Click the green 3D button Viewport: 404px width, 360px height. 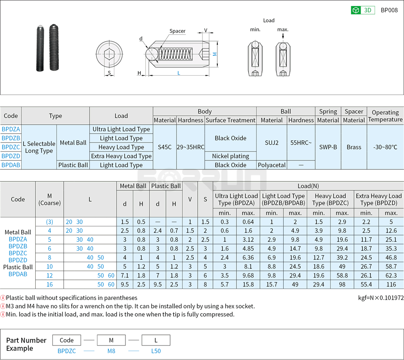[363, 10]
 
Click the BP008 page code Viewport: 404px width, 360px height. [389, 10]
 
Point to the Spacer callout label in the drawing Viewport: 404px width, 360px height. [177, 31]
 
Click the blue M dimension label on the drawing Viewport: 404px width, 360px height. [215, 54]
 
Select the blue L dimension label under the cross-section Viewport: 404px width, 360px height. [179, 73]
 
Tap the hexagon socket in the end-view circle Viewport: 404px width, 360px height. [109, 54]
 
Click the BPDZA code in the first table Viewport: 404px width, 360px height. [11, 129]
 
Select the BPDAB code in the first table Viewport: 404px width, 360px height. [11, 165]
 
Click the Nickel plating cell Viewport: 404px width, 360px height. [230, 156]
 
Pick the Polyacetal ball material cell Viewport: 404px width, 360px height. [272, 165]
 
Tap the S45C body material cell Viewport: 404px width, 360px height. [165, 147]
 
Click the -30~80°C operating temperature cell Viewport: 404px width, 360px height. [385, 147]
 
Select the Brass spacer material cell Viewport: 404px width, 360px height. [354, 147]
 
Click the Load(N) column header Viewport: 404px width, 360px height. [308, 186]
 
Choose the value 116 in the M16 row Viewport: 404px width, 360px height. [391, 284]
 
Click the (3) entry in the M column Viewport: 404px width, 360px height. [50, 222]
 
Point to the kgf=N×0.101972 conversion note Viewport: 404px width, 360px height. [381, 298]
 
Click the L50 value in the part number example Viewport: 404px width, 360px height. [156, 351]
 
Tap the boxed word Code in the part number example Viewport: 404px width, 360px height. [67, 340]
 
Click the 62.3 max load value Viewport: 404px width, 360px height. [391, 275]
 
